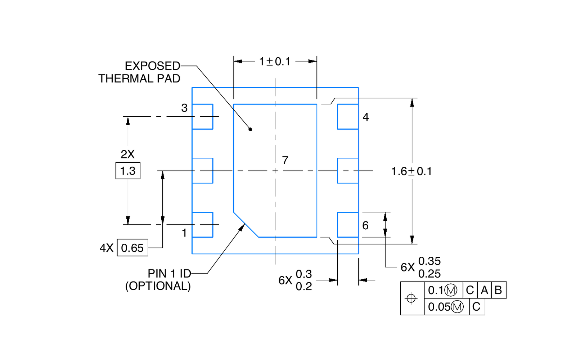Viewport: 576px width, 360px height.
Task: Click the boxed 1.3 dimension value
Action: click(128, 171)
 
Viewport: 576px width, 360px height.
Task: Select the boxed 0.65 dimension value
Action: click(132, 248)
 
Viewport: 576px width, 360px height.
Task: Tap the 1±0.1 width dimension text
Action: click(275, 62)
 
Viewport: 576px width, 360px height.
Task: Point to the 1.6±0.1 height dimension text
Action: click(411, 171)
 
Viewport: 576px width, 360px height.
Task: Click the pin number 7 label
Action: click(285, 161)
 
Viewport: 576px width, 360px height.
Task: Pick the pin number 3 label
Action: click(184, 108)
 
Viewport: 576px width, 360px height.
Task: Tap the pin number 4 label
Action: click(366, 117)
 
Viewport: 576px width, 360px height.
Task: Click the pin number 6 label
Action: click(365, 225)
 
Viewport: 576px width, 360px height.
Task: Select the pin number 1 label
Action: click(184, 233)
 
